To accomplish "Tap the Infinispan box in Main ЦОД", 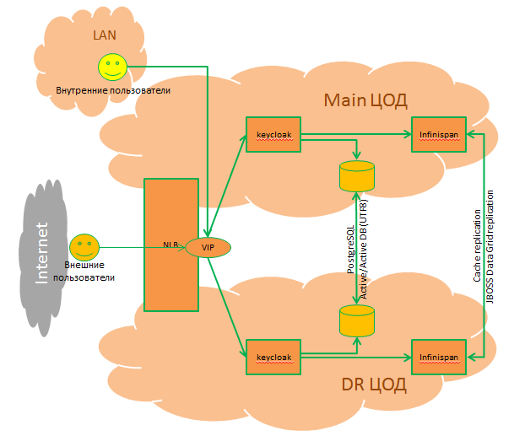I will coord(438,135).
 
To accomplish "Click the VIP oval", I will coord(208,247).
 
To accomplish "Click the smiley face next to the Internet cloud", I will coord(83,247).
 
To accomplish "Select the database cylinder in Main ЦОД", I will coord(356,176).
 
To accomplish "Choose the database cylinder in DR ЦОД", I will coord(356,321).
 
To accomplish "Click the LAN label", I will coord(105,36).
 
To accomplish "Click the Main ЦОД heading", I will coord(365,101).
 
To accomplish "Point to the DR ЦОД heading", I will coord(374,385).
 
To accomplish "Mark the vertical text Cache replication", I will coord(478,245).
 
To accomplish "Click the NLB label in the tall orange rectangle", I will coord(172,245).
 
